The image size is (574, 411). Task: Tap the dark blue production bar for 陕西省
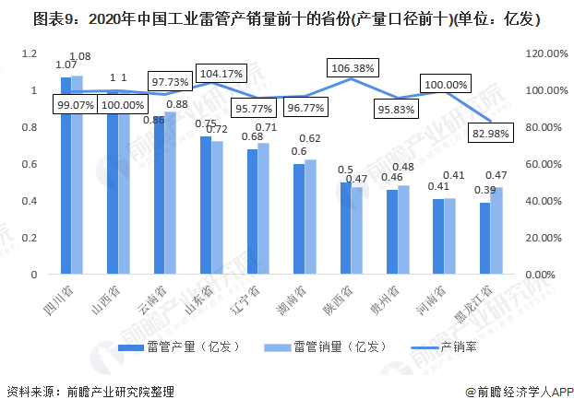(x=345, y=229)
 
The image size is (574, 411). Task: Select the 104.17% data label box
(x=221, y=73)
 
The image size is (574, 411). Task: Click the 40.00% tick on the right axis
(x=542, y=201)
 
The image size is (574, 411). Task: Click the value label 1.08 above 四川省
(x=79, y=57)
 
